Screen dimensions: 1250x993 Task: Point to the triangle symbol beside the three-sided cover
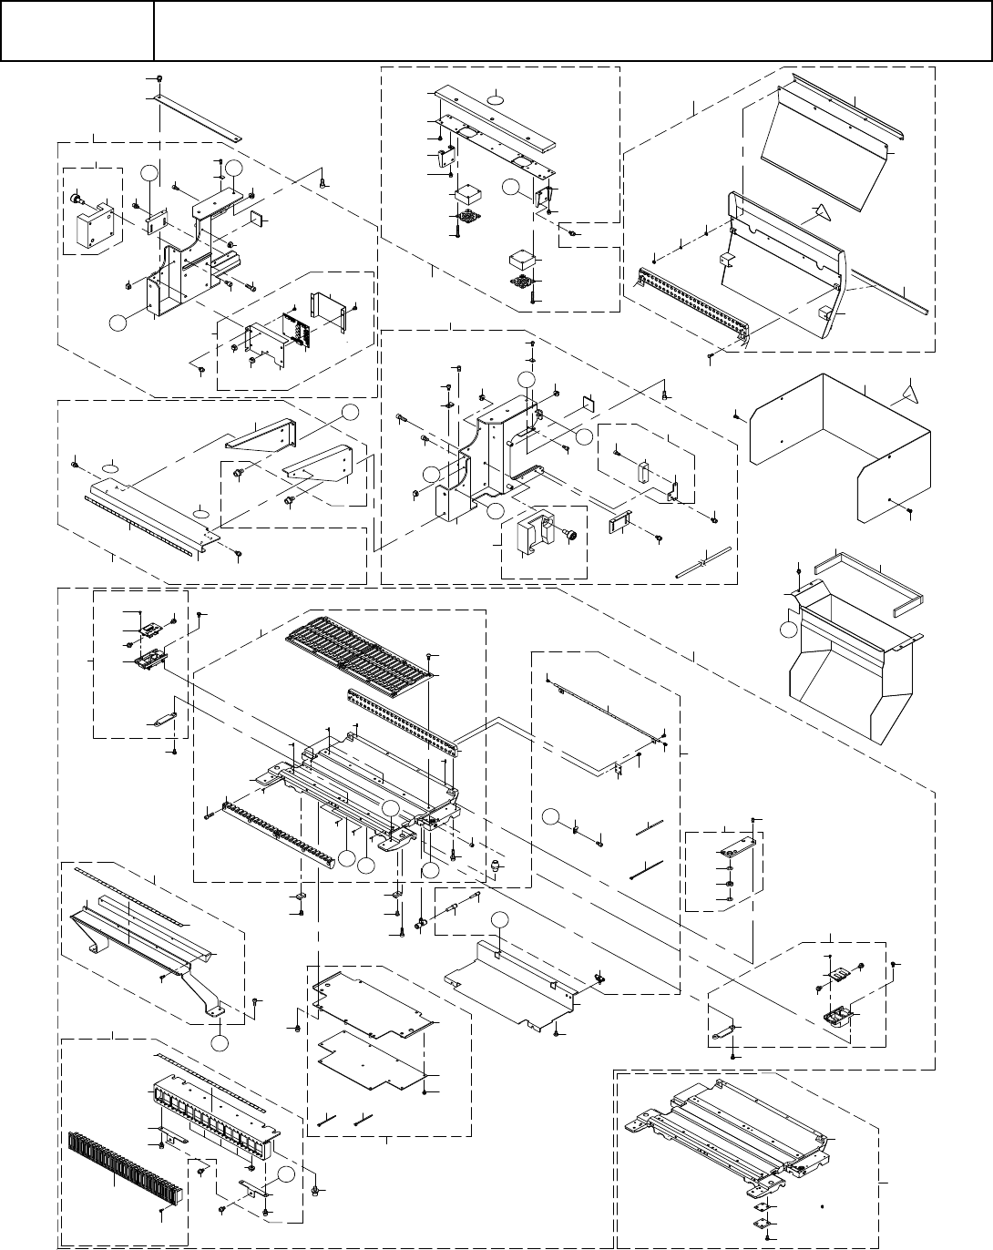pyautogui.click(x=906, y=393)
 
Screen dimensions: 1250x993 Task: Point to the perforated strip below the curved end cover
pyautogui.click(x=692, y=301)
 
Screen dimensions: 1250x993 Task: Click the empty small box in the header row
pyautogui.click(x=76, y=31)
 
